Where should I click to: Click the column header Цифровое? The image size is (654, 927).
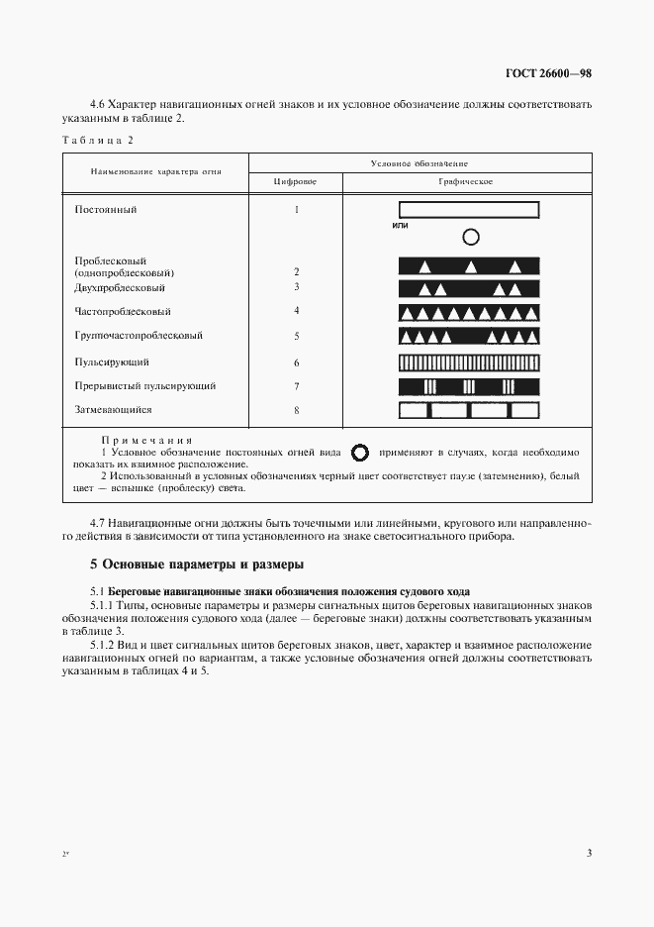tap(296, 182)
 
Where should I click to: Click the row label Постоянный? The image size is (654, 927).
tap(106, 210)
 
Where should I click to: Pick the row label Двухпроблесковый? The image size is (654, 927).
tap(118, 287)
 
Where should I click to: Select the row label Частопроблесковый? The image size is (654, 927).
tap(116, 311)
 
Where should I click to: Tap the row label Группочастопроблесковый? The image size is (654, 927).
tap(139, 336)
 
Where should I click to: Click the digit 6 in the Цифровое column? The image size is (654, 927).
tap(296, 363)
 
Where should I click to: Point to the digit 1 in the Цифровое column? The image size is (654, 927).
tap(296, 210)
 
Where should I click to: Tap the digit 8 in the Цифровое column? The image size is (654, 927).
tap(296, 410)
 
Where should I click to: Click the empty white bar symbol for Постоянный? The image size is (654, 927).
tap(468, 210)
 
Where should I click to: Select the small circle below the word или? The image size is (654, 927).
tap(471, 237)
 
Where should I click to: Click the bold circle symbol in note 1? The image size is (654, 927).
tap(361, 453)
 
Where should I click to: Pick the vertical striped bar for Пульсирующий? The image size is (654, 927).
tap(468, 362)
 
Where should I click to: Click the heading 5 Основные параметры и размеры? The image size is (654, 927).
tap(192, 566)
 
